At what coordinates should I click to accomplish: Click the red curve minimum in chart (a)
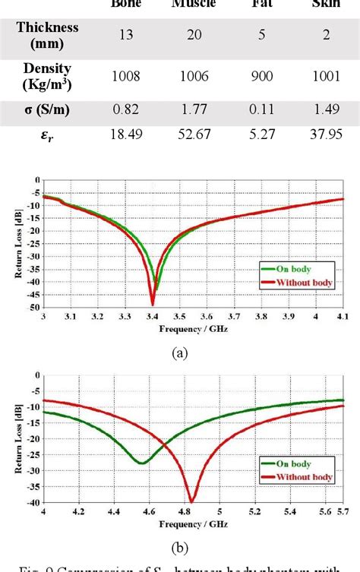pyautogui.click(x=153, y=304)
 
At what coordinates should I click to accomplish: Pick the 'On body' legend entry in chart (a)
pyautogui.click(x=287, y=267)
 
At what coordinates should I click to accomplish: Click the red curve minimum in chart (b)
pyautogui.click(x=191, y=501)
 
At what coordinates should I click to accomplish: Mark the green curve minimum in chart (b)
pyautogui.click(x=142, y=463)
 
